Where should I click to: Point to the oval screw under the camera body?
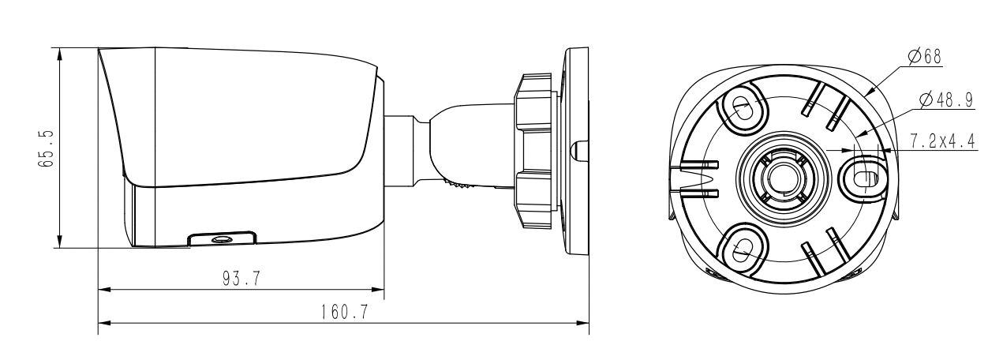[x=223, y=238]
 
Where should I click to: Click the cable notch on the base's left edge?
[x=694, y=178]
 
